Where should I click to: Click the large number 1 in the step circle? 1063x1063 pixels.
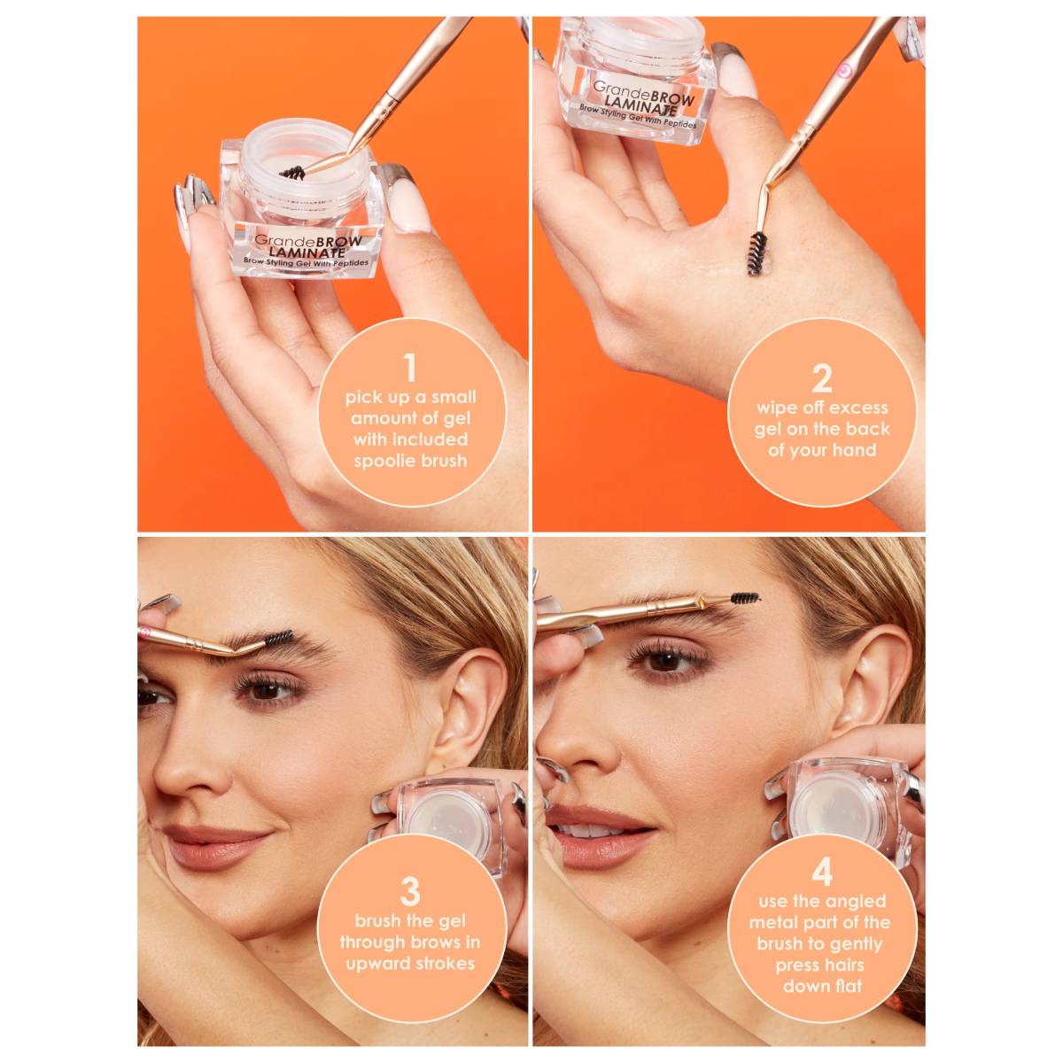point(409,368)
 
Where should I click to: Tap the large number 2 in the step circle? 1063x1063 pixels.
point(822,379)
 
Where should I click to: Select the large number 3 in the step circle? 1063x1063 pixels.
point(410,891)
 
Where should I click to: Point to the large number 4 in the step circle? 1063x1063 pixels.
point(822,872)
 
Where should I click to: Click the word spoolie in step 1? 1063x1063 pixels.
point(382,462)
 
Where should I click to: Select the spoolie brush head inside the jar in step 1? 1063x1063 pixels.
point(292,173)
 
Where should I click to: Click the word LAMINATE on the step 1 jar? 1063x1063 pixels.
point(307,252)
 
